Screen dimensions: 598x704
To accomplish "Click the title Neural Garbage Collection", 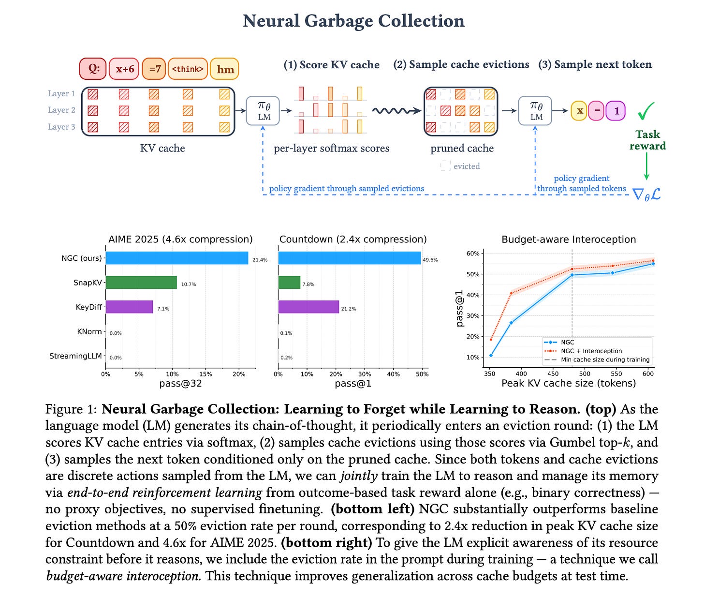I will coord(353,21).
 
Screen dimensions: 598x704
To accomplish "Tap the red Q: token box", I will coord(92,69).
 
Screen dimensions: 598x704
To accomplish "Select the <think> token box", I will coord(188,69).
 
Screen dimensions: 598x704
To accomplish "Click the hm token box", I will coord(225,69).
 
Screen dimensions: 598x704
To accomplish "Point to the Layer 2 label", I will coord(61,110).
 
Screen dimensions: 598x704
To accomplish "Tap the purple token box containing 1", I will coord(616,111).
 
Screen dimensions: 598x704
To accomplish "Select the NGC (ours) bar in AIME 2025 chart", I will coord(176,258).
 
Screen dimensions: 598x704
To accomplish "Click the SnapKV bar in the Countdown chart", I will coord(289,283).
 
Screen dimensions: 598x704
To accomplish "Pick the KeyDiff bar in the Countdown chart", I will coord(308,307).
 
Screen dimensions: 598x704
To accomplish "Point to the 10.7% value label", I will coord(189,284).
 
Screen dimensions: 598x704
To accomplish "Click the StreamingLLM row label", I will coord(75,356).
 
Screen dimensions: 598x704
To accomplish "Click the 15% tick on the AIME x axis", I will coord(205,374).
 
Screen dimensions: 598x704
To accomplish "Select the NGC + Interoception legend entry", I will coord(591,351).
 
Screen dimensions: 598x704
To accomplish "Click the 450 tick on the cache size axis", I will coord(553,374).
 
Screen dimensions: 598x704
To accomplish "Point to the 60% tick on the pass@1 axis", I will coord(472,254).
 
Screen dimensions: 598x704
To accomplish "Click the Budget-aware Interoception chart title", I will coord(569,239).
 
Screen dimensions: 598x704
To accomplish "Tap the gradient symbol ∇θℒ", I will coord(646,194).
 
